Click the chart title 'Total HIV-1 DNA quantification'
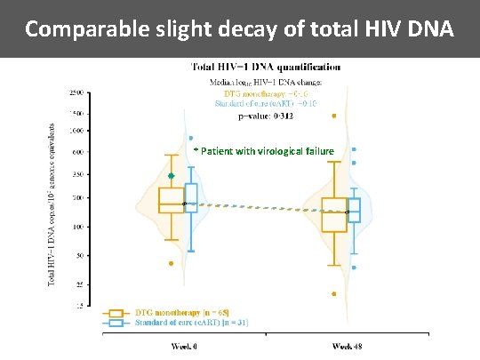pos(265,67)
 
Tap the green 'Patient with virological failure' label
pos(266,151)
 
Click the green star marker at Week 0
pos(172,176)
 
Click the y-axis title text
pos(52,204)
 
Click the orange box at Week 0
pos(171,200)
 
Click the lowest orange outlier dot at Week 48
pos(334,293)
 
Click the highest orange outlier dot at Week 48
pos(334,116)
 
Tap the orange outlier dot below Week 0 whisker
pos(172,263)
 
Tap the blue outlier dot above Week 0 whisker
pos(191,139)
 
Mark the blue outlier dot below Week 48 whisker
pos(355,267)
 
